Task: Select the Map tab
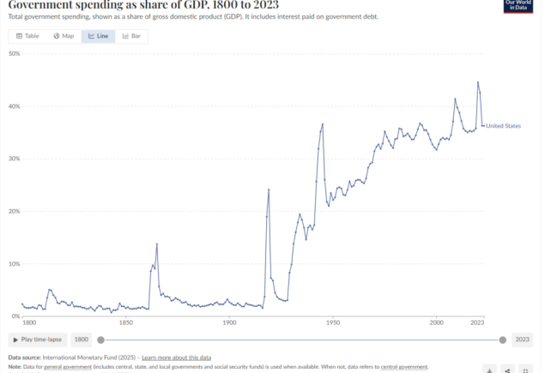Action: click(64, 36)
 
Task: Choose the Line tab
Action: click(98, 36)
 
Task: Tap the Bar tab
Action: click(131, 36)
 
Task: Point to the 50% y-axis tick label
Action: click(14, 53)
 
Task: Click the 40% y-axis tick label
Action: click(14, 106)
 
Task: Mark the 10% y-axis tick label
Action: click(14, 263)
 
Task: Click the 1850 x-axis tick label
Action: click(125, 322)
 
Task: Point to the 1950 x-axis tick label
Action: click(333, 322)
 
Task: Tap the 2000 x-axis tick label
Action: click(437, 322)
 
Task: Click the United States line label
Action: click(503, 126)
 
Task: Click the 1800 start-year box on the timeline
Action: click(81, 340)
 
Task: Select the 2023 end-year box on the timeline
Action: click(521, 340)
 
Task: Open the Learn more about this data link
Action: click(176, 357)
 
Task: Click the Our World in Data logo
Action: click(518, 6)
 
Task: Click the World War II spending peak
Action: click(323, 124)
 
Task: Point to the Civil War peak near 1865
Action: click(157, 244)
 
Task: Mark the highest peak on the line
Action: click(478, 82)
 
